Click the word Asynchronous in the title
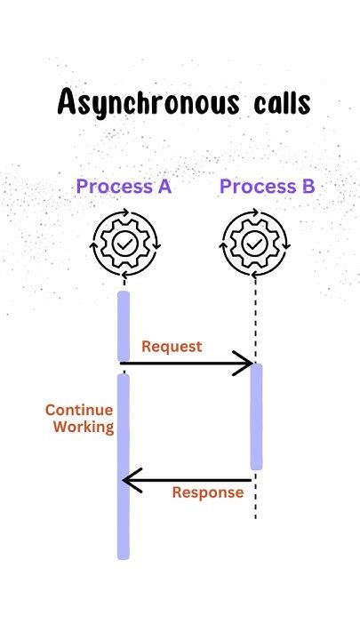pyautogui.click(x=131, y=105)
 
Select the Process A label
pyautogui.click(x=124, y=187)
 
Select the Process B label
pyautogui.click(x=268, y=187)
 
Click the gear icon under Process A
pyautogui.click(x=124, y=242)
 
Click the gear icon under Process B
pyautogui.click(x=255, y=242)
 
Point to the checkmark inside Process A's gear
pyautogui.click(x=124, y=242)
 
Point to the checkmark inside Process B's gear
pyautogui.click(x=255, y=242)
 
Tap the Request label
pyautogui.click(x=172, y=347)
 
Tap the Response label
pyautogui.click(x=207, y=492)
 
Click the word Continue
pyautogui.click(x=79, y=411)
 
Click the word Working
pyautogui.click(x=84, y=427)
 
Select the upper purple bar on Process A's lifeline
pyautogui.click(x=124, y=326)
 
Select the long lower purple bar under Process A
pyautogui.click(x=124, y=467)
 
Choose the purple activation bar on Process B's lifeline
pyautogui.click(x=256, y=416)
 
